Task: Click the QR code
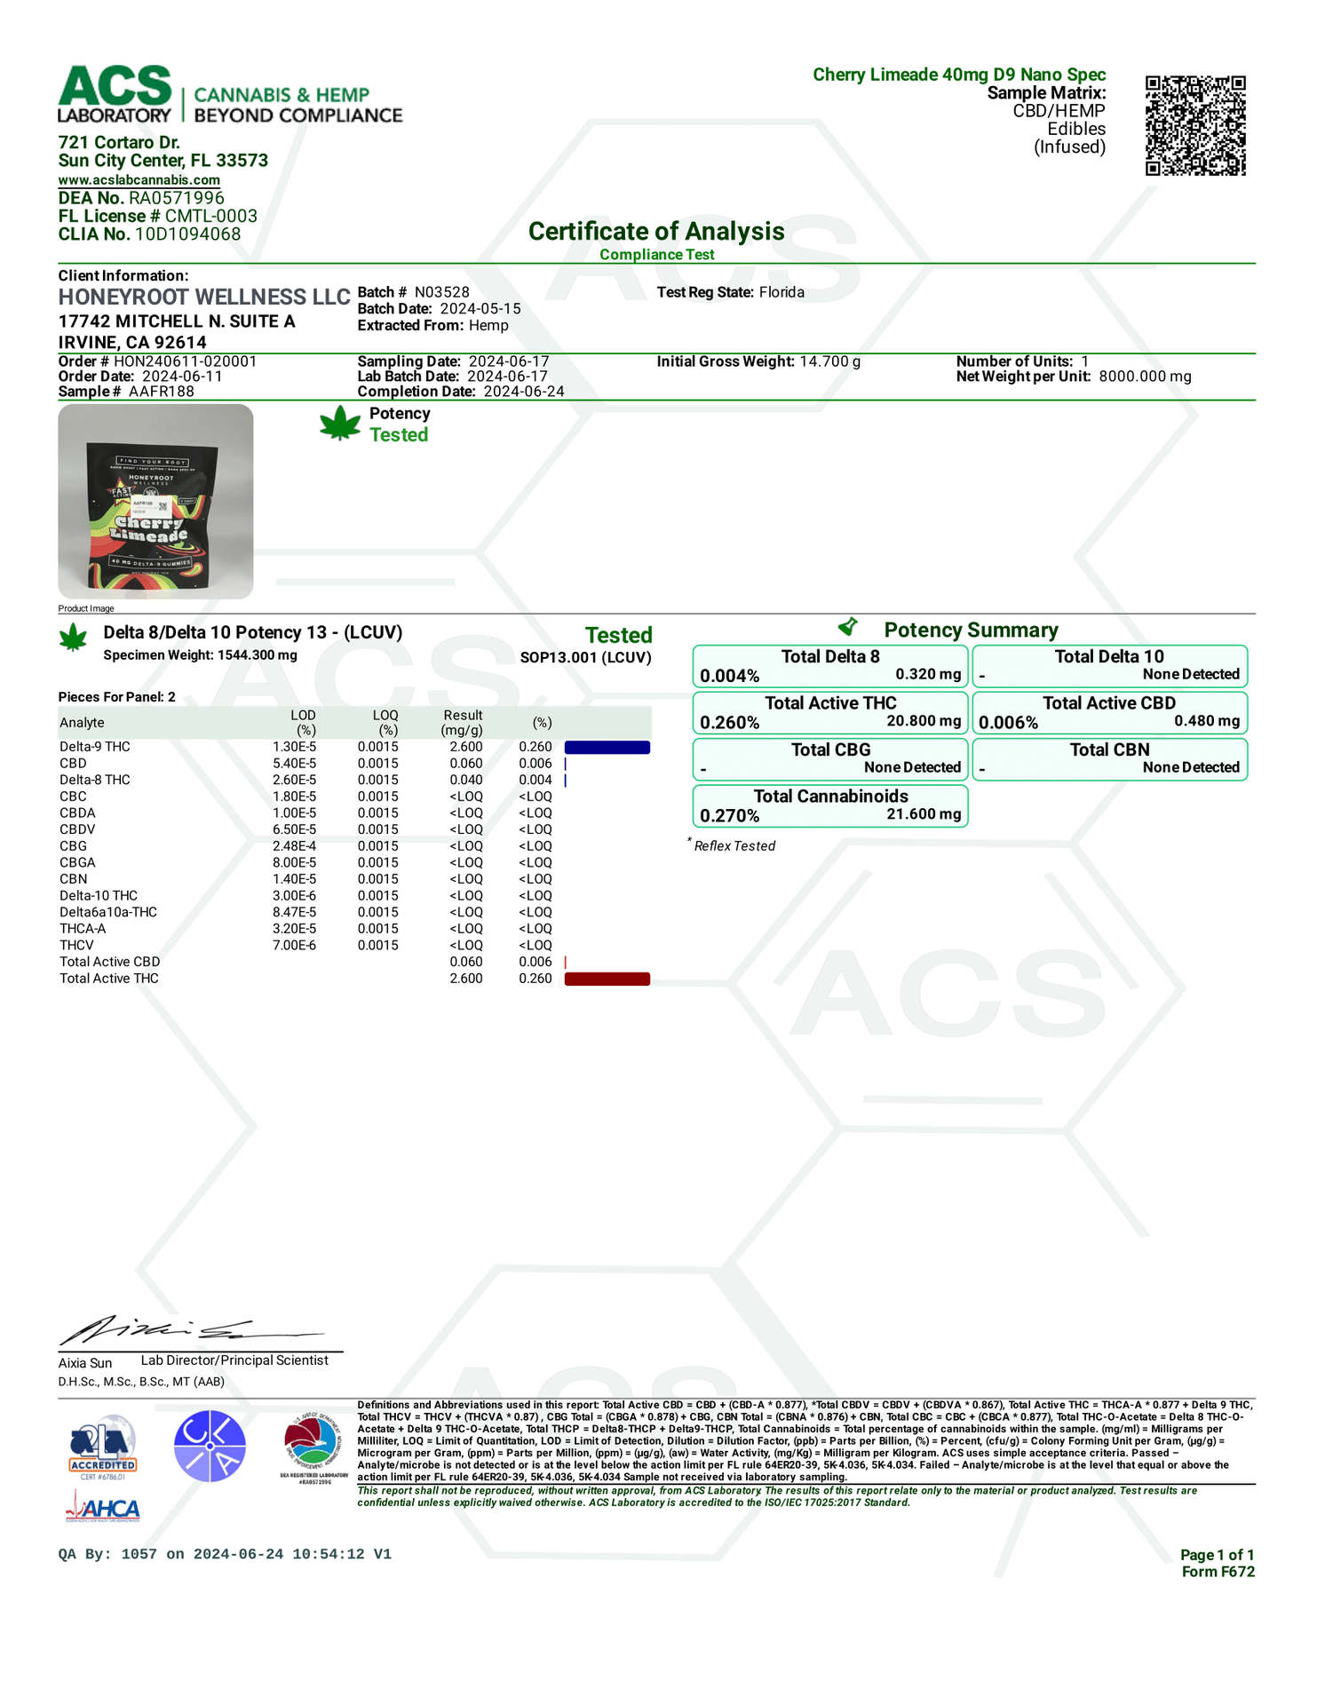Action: pyautogui.click(x=1194, y=125)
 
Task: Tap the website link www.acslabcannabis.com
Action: pyautogui.click(x=139, y=179)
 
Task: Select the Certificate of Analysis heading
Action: pyautogui.click(x=656, y=231)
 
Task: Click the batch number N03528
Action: pyautogui.click(x=441, y=292)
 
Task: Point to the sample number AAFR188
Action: pyautogui.click(x=161, y=392)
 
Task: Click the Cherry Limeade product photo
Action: pyautogui.click(x=155, y=501)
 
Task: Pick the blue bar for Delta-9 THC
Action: pyautogui.click(x=607, y=748)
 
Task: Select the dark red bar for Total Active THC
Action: pyautogui.click(x=607, y=979)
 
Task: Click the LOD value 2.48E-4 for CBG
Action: pyautogui.click(x=294, y=846)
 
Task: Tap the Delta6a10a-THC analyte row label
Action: pyautogui.click(x=108, y=912)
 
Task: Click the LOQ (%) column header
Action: pyautogui.click(x=385, y=722)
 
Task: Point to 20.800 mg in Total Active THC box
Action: pyautogui.click(x=924, y=720)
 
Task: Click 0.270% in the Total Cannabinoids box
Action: pyautogui.click(x=729, y=815)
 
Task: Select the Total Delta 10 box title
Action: pyautogui.click(x=1108, y=656)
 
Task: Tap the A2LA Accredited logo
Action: pyautogui.click(x=103, y=1446)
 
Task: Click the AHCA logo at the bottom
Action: pyautogui.click(x=102, y=1509)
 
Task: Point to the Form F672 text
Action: pyautogui.click(x=1218, y=1571)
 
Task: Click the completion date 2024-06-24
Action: pyautogui.click(x=523, y=392)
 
